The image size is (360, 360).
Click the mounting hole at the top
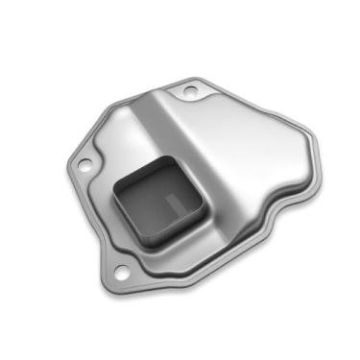tap(190, 90)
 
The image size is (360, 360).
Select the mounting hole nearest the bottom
tap(125, 253)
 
